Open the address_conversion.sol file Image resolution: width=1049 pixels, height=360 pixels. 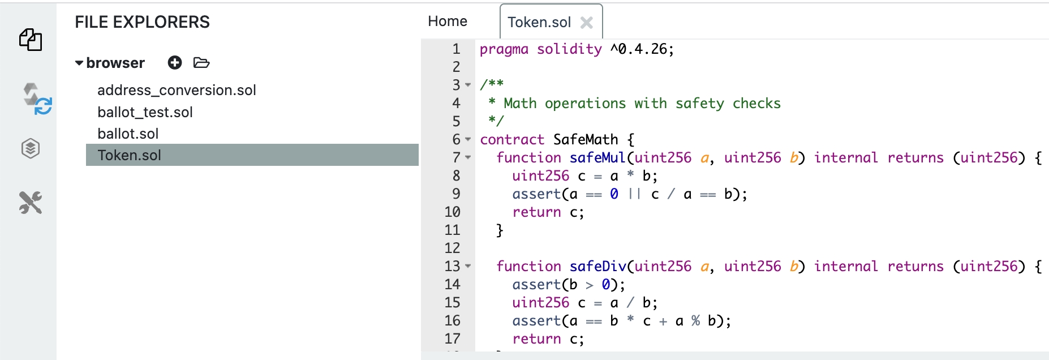(x=177, y=90)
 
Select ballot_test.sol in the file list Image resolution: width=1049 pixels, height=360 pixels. (x=145, y=112)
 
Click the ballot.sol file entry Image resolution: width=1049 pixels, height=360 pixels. (x=128, y=134)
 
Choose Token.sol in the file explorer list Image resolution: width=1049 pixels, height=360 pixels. (x=130, y=155)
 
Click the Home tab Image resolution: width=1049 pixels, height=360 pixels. (x=448, y=22)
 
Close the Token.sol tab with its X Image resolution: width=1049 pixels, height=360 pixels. (x=587, y=23)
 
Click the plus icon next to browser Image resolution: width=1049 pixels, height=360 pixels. (x=175, y=62)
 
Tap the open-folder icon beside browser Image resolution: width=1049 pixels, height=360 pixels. (x=201, y=62)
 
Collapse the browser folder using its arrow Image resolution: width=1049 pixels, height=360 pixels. (x=79, y=63)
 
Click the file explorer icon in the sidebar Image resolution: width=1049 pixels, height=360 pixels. (x=31, y=40)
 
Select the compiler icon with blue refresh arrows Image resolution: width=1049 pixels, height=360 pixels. (x=37, y=98)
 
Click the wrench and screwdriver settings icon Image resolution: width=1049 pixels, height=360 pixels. (x=31, y=202)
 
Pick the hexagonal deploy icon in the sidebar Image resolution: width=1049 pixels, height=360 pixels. (x=31, y=149)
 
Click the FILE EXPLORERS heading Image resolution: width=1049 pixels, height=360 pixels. (x=142, y=22)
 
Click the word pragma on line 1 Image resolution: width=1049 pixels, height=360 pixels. (x=504, y=49)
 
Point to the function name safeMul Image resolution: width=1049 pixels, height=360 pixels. (x=597, y=158)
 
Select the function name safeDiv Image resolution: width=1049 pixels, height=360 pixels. (x=598, y=267)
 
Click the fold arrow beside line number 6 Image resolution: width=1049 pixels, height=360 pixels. (x=468, y=139)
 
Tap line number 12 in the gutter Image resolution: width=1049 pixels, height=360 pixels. (x=452, y=248)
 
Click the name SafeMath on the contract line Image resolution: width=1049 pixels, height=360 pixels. (x=585, y=140)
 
